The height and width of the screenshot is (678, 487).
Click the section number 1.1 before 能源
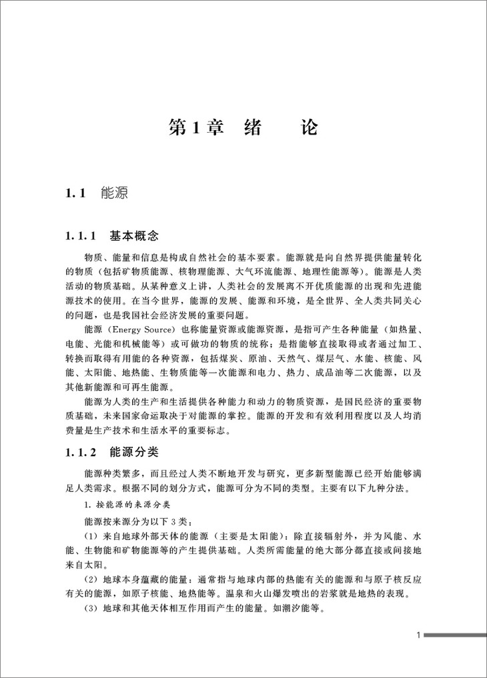(76, 194)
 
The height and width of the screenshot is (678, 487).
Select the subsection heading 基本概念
(133, 236)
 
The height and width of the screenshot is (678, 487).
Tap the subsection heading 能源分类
(133, 451)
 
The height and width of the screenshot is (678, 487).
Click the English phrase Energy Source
(142, 330)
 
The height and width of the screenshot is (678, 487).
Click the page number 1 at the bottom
(418, 635)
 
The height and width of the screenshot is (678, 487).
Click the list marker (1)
(91, 537)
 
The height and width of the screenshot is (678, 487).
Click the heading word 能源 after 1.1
(113, 194)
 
